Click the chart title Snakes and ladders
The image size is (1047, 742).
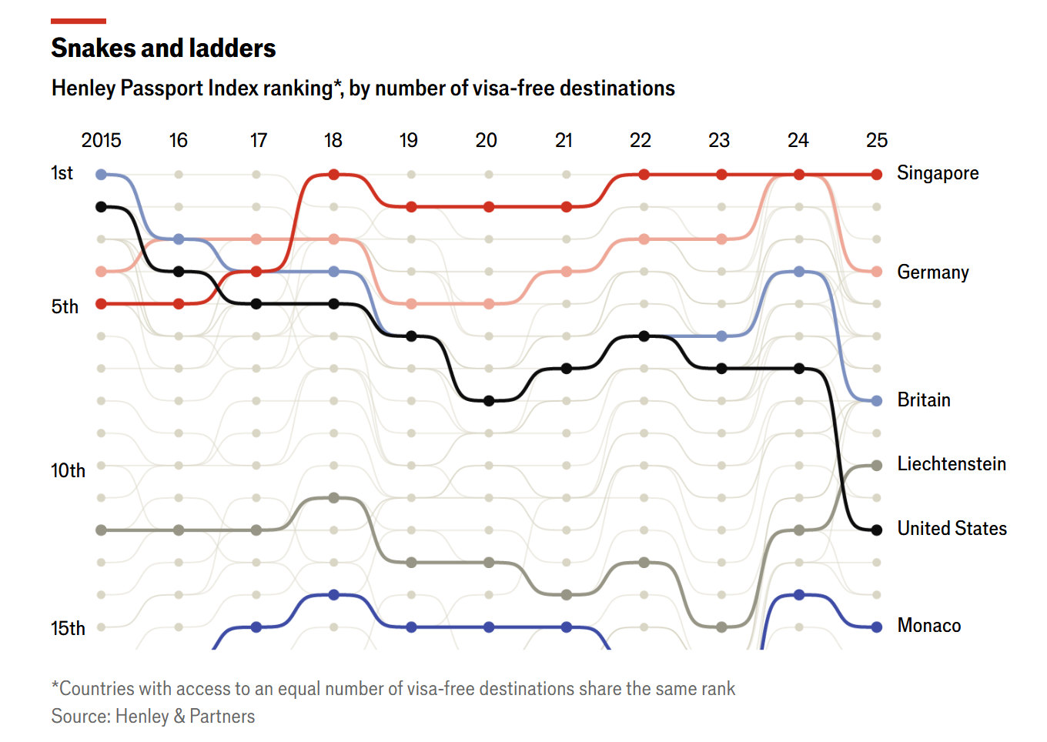coord(163,48)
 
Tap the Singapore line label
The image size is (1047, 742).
coord(938,174)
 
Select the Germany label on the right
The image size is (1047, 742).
coord(933,272)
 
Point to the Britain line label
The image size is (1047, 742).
coord(924,400)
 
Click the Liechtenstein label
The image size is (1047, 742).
coord(952,464)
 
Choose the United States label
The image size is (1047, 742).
coord(952,529)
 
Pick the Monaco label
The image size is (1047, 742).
coord(929,626)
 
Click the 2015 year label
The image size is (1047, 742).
coord(101,140)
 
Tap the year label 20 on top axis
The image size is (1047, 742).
coord(486,140)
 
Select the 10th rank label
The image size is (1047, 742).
coord(69,470)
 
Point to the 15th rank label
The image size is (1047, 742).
coord(69,628)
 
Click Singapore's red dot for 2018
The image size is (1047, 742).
coord(334,175)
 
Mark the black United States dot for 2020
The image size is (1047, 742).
coord(489,401)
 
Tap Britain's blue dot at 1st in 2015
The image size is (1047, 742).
coord(101,175)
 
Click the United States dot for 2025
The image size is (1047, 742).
coord(877,530)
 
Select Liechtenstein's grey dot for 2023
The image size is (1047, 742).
coord(721,627)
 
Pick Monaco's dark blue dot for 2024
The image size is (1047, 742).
coord(799,595)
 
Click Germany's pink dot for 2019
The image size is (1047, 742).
coord(411,304)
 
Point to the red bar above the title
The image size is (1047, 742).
coord(79,21)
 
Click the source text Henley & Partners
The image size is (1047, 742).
coord(185,717)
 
